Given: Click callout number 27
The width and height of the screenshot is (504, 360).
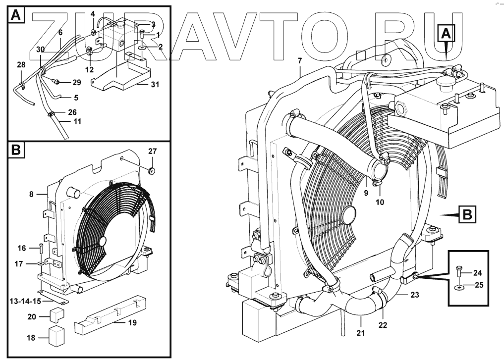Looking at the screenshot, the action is click(x=152, y=151).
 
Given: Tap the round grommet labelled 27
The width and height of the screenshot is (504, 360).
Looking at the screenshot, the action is click(x=151, y=170).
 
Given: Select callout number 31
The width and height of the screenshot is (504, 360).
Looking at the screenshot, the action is click(x=155, y=85).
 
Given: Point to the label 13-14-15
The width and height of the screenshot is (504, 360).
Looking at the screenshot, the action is click(x=25, y=301).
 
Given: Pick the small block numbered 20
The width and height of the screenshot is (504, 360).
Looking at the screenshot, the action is click(x=56, y=315).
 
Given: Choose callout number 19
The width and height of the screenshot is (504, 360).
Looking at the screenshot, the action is click(x=133, y=322).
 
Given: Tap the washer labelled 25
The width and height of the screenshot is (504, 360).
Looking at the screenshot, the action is click(x=459, y=286).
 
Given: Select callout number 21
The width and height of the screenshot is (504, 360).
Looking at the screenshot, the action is click(x=361, y=333).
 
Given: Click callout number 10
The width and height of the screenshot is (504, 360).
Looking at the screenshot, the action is click(x=380, y=203).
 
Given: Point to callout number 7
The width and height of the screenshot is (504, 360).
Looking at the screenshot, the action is click(x=300, y=60).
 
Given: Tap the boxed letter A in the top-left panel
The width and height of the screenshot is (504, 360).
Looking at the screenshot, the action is click(x=16, y=15).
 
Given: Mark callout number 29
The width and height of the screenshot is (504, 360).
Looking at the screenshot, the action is click(x=77, y=83).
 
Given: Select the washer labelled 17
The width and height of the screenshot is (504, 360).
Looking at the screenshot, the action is click(x=41, y=264).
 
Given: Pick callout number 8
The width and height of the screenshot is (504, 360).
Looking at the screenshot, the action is click(x=31, y=194).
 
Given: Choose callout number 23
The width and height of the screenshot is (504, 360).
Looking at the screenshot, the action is click(x=415, y=295).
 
